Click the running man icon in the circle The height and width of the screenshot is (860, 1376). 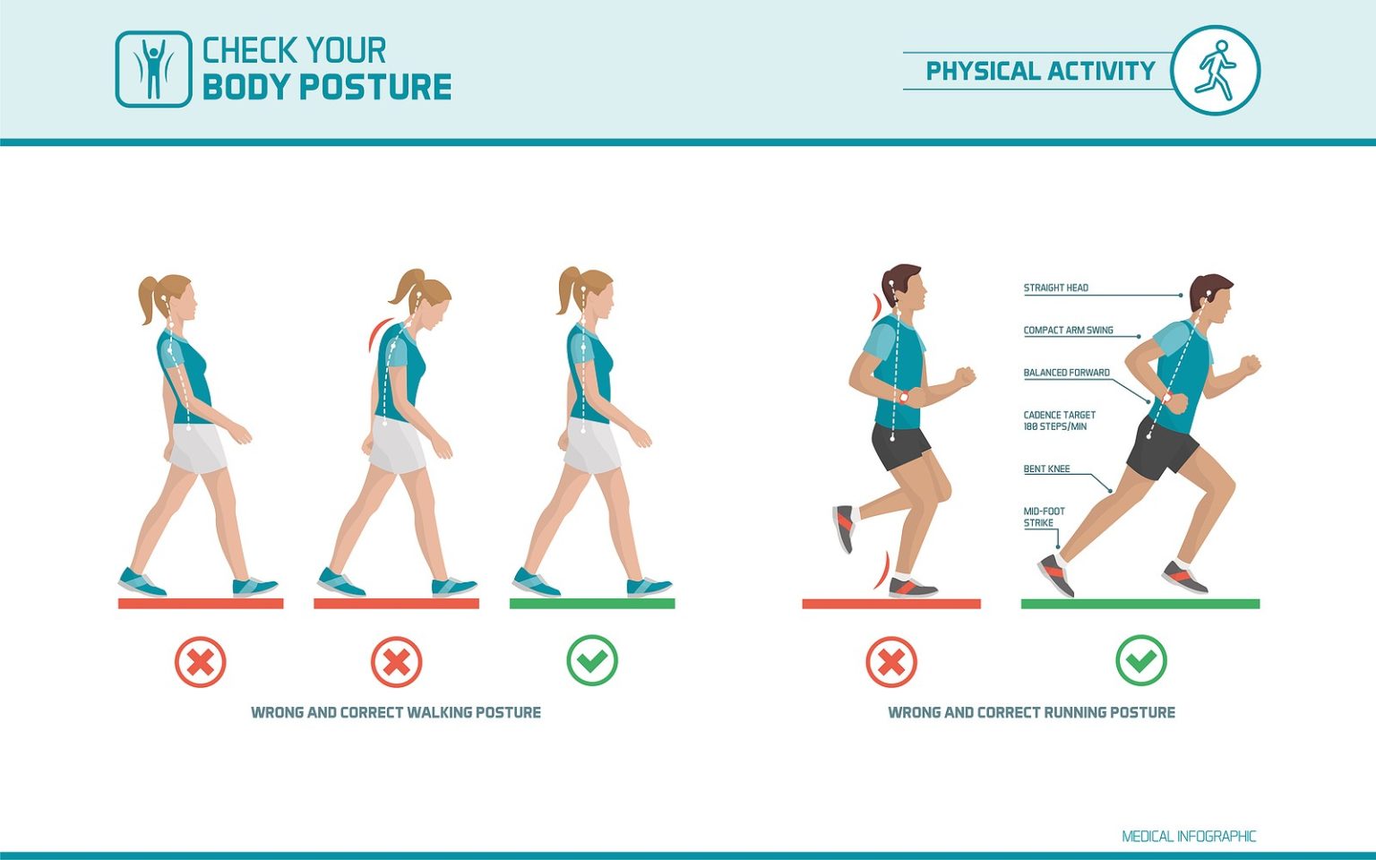[1215, 70]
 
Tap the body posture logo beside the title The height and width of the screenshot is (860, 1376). [153, 70]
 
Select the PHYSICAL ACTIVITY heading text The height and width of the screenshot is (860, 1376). [1040, 71]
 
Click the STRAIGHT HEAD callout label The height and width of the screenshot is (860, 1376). [1055, 288]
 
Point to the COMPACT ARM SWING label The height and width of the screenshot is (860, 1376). [1068, 330]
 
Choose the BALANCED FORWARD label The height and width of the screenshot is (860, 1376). [1066, 373]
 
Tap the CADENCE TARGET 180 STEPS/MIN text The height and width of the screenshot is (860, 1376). [1059, 420]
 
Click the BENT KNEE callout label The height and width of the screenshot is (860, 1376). [1046, 469]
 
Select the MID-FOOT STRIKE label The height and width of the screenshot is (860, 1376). [1044, 517]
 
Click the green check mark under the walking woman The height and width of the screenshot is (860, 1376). [592, 661]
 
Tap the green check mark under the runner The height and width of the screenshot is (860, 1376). [1140, 661]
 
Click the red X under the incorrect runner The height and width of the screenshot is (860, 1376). [890, 662]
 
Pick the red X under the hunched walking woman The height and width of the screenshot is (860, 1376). [396, 662]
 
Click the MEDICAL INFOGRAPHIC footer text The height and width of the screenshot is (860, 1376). [1189, 836]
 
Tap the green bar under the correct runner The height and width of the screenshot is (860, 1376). [1139, 604]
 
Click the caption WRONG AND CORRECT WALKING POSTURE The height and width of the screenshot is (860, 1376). [395, 712]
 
